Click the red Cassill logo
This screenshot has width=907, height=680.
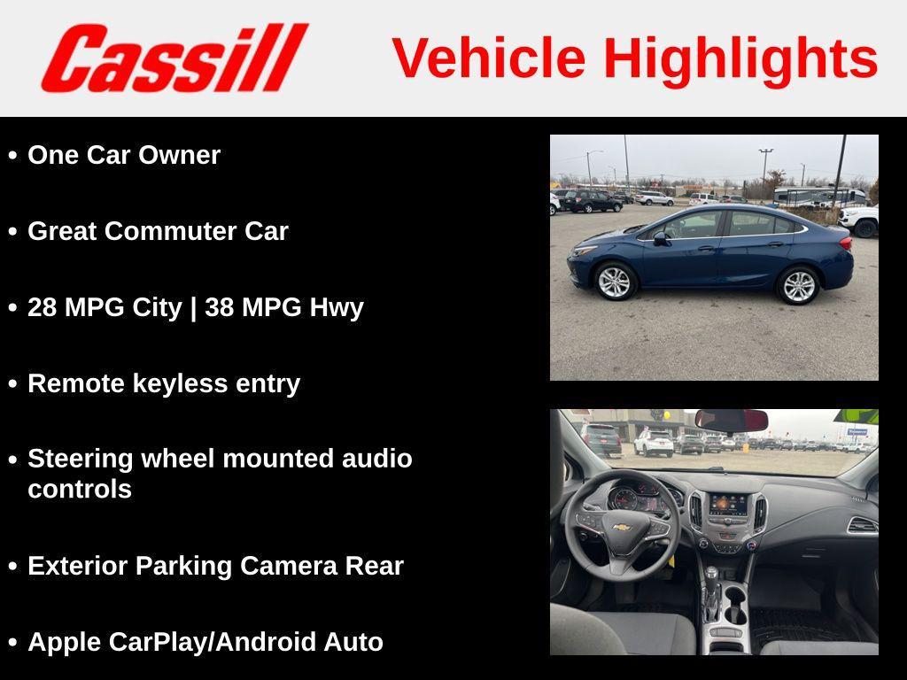174,58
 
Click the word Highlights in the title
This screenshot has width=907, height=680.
740,58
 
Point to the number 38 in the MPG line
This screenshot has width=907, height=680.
219,307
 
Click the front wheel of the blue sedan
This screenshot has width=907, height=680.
614,282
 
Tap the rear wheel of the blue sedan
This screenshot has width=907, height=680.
797,285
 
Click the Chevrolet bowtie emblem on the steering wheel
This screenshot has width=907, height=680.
622,528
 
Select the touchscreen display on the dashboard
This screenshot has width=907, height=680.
728,505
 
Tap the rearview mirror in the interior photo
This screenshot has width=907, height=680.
731,419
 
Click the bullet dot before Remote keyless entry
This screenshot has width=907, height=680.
12,384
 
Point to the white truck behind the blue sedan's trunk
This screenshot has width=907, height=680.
859,220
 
